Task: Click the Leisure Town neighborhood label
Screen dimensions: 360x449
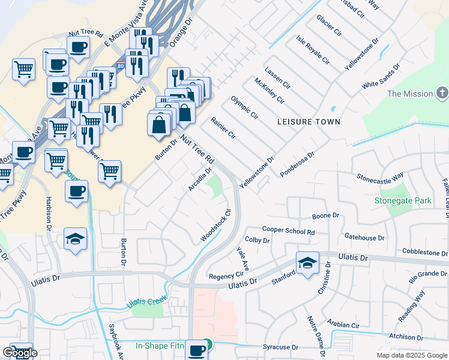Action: click(309, 122)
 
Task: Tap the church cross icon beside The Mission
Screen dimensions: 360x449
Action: click(442, 94)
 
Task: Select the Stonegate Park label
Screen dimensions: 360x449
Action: click(403, 200)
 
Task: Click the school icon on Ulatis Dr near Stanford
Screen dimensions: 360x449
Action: click(307, 263)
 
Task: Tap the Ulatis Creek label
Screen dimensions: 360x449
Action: click(145, 304)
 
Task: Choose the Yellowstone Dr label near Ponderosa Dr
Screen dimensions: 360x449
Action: click(256, 172)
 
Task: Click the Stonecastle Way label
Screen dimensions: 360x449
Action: click(379, 178)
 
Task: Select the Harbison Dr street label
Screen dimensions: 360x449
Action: click(48, 214)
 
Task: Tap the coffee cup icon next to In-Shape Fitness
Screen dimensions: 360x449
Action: click(196, 350)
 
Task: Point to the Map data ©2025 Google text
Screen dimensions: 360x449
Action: click(411, 355)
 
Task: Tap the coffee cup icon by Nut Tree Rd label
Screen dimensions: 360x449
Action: click(78, 47)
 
